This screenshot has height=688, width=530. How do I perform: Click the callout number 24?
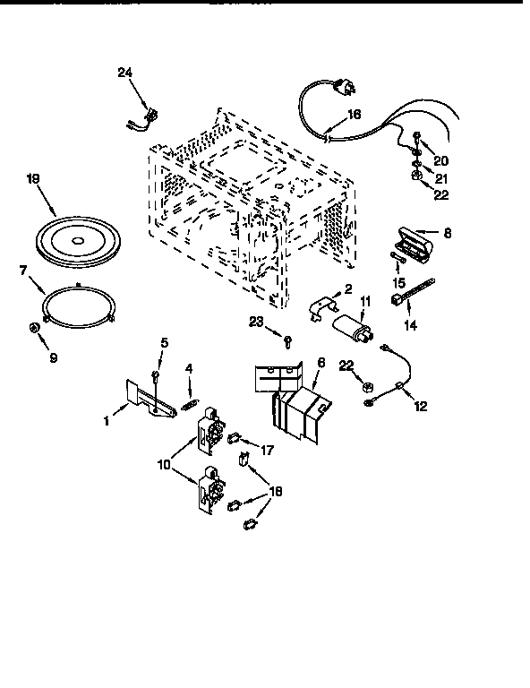[x=124, y=73]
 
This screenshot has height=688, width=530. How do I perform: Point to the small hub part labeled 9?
[x=33, y=328]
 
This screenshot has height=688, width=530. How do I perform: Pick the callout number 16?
[x=354, y=115]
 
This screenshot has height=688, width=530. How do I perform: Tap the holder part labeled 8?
[x=413, y=244]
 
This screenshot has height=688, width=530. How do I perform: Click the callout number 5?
[x=164, y=342]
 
